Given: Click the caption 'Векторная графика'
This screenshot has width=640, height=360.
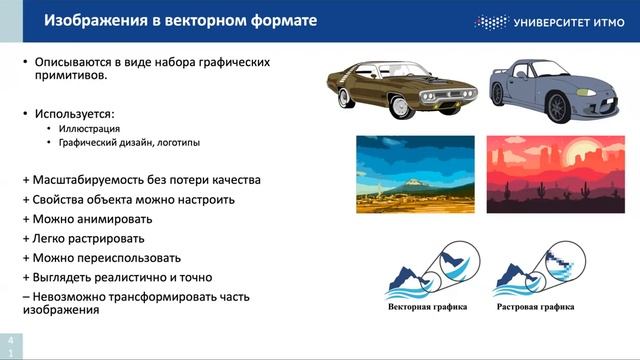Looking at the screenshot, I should tap(427, 307).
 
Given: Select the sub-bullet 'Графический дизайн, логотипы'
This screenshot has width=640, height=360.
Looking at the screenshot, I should tap(129, 143).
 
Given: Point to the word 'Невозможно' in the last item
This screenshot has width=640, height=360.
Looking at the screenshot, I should tap(70, 296).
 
